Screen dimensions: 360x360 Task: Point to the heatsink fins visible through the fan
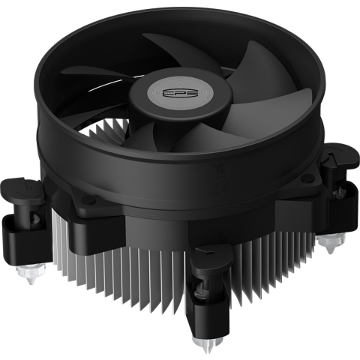click(x=112, y=135)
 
